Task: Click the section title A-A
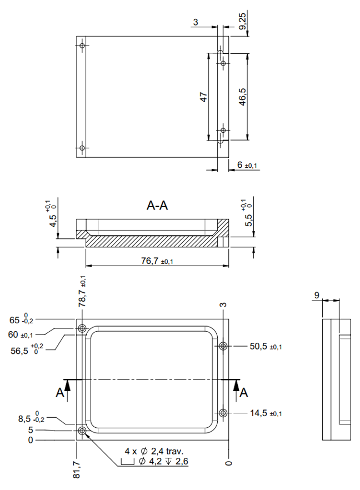click(157, 206)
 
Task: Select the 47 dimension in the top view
click(203, 97)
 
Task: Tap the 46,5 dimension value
click(242, 97)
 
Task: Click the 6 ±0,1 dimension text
click(248, 166)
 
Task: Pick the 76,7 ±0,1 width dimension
click(157, 260)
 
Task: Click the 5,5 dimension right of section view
click(248, 216)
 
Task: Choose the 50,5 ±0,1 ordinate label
click(265, 346)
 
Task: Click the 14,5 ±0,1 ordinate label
click(265, 413)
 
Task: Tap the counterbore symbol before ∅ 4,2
click(128, 461)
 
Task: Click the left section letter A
click(59, 393)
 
